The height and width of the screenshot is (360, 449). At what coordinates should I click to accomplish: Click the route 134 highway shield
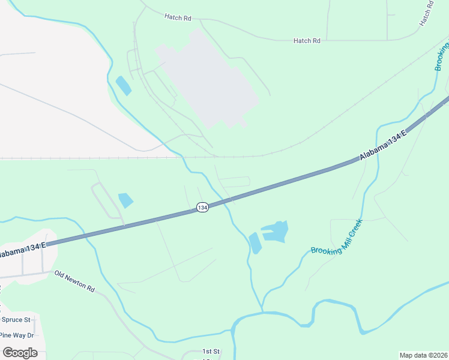(x=202, y=207)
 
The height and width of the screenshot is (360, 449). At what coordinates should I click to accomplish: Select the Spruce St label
(x=16, y=320)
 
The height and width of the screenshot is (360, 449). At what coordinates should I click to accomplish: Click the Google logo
(x=20, y=352)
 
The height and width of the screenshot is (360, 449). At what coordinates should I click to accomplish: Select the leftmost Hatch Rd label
(x=177, y=17)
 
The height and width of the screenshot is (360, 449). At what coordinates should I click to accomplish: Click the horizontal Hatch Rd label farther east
(x=307, y=41)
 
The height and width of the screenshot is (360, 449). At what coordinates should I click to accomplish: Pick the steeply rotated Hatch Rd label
(x=426, y=13)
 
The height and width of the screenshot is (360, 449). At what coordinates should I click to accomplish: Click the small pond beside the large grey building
(x=123, y=86)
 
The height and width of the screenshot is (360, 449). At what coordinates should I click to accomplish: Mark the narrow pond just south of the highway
(x=255, y=242)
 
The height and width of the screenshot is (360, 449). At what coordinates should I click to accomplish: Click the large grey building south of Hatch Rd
(x=207, y=78)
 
